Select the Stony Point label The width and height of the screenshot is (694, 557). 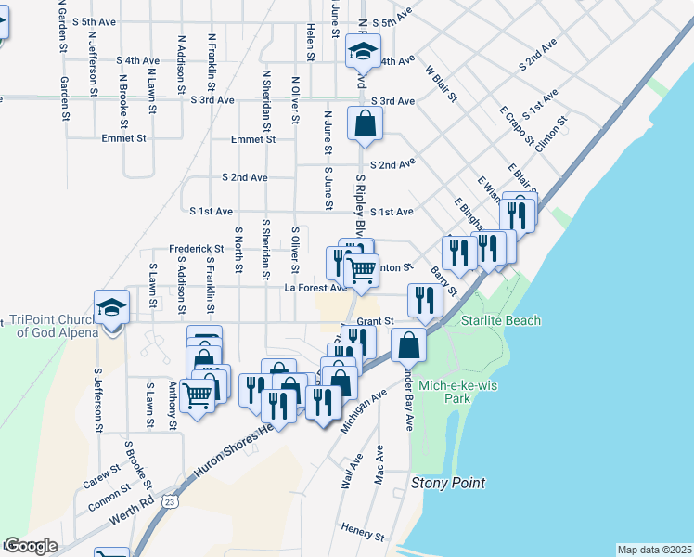[448, 484]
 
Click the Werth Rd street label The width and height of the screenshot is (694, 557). [135, 508]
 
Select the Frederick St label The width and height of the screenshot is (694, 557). [197, 249]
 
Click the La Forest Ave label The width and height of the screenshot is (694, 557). [315, 288]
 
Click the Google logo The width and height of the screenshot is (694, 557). [31, 546]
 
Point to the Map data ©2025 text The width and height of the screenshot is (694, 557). [654, 550]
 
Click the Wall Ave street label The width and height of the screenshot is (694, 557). [349, 473]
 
